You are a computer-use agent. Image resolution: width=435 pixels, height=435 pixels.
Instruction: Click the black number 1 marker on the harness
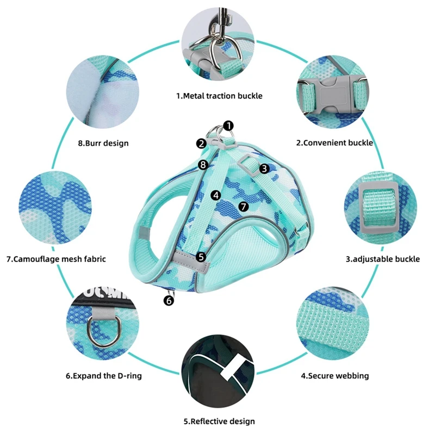tap(228, 126)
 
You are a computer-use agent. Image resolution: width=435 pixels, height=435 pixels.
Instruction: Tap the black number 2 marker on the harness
tap(202, 144)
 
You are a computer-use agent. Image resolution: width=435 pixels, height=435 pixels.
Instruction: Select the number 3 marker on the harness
tap(264, 169)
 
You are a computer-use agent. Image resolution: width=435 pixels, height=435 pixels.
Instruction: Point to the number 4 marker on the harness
tap(216, 194)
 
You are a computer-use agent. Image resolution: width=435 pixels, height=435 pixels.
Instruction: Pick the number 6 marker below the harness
tap(169, 300)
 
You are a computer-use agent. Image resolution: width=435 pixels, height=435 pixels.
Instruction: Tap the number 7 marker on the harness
tap(243, 207)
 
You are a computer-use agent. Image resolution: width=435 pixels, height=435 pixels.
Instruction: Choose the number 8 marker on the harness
tap(203, 164)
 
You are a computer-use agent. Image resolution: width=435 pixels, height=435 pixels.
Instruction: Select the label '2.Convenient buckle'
tap(334, 143)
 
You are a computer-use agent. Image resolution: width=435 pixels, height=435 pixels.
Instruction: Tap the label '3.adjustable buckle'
tap(383, 259)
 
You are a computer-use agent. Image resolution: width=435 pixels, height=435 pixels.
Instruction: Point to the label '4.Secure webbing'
tap(335, 375)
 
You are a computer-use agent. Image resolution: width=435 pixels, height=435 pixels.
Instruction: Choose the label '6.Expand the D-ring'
tap(104, 375)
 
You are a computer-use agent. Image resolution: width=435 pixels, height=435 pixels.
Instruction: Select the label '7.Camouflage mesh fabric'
tap(56, 259)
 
